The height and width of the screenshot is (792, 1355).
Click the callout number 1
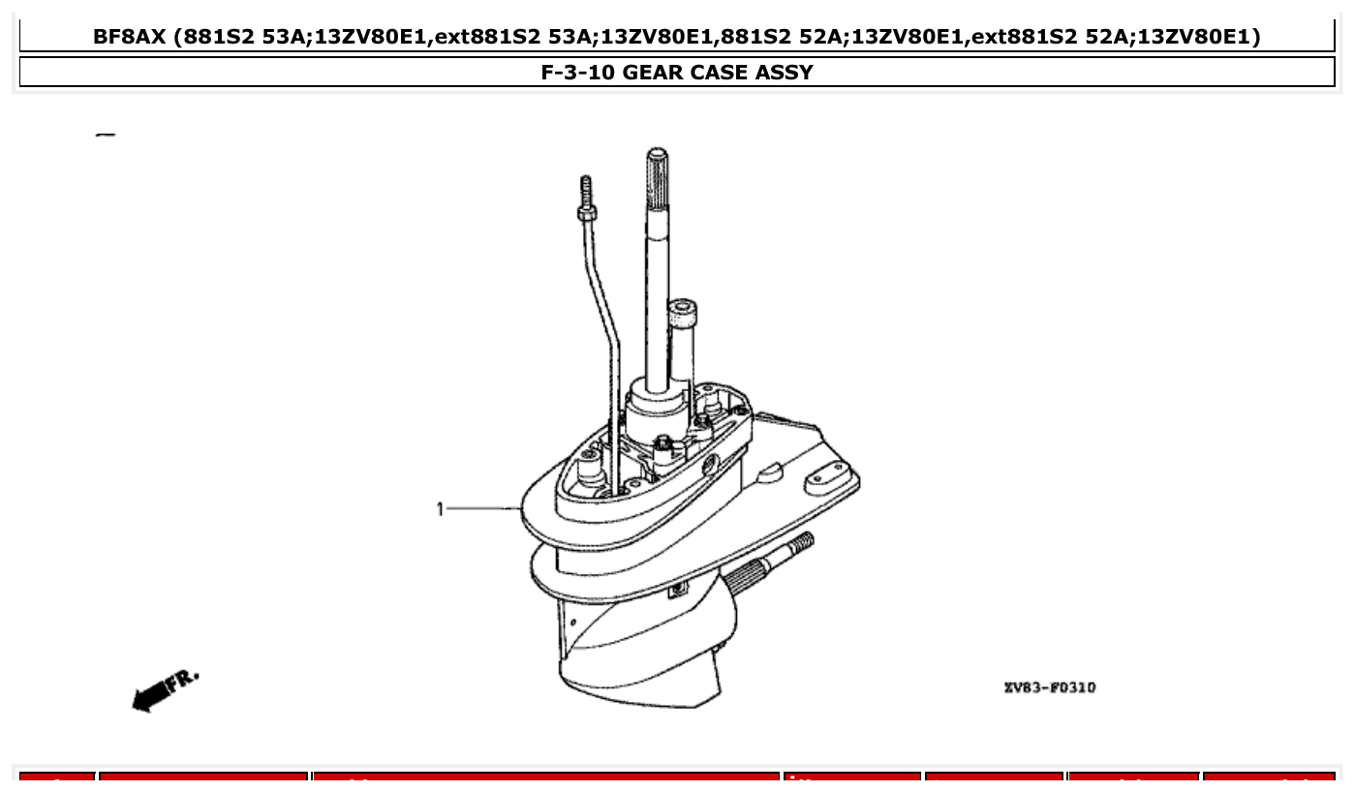point(440,508)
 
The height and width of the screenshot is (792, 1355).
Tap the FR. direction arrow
point(165,689)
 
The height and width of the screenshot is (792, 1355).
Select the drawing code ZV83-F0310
point(1049,687)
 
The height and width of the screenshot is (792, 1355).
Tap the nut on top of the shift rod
point(586,213)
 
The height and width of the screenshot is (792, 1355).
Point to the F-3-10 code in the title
point(577,72)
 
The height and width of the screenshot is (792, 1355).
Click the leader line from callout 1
point(484,508)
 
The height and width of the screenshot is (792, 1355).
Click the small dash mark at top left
point(106,135)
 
